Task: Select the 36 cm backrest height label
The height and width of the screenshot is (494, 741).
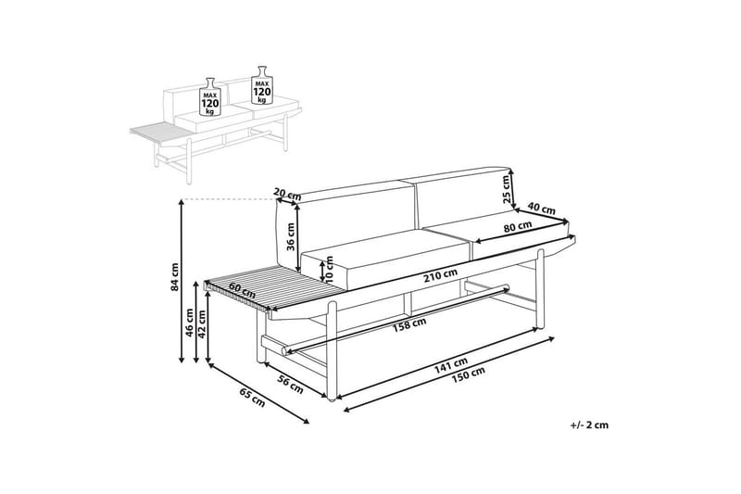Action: pos(290,237)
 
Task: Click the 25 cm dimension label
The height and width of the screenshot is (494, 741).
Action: pos(506,190)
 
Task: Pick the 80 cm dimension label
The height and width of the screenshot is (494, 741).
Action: pos(518,226)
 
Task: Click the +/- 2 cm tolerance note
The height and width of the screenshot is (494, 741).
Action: pos(589,425)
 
